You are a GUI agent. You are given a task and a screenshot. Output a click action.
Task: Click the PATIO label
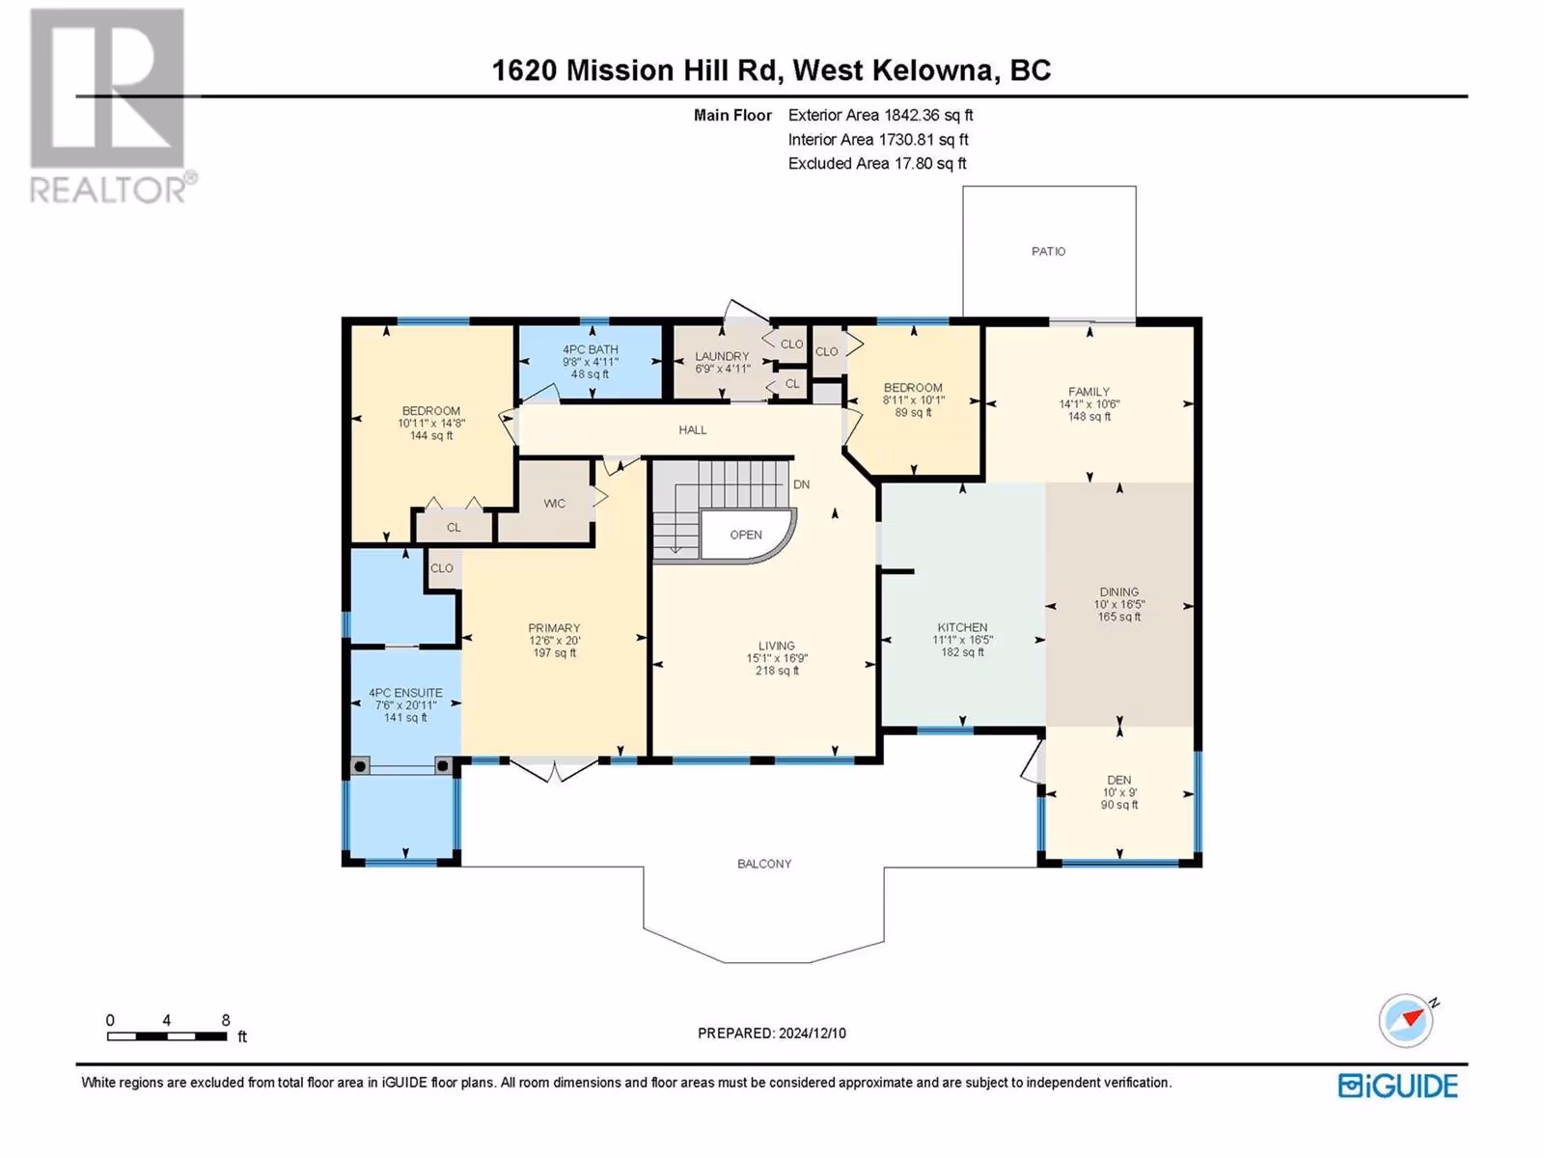[x=1048, y=251]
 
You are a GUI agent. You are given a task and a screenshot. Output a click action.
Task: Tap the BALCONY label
[x=764, y=864]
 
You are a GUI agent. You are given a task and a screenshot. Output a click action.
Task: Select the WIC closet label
[x=554, y=504]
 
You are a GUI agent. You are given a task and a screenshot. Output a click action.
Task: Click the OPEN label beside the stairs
[x=746, y=535]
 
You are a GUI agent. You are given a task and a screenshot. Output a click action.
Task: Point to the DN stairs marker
[x=801, y=484]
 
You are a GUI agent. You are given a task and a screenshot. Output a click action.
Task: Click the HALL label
[x=693, y=429]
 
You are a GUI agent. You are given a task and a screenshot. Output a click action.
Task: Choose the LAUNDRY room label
[x=722, y=356]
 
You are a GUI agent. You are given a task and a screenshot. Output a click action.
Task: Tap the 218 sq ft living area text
[x=777, y=671]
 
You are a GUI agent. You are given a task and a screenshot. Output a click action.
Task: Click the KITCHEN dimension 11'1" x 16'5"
[x=962, y=640]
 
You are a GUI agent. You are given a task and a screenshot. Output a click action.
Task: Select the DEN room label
[x=1119, y=780]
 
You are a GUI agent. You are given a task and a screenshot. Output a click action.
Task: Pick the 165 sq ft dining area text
[x=1119, y=617]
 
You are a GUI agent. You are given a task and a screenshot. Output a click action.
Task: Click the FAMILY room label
[x=1089, y=392]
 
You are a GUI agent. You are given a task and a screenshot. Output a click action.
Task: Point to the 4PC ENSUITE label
[x=405, y=693]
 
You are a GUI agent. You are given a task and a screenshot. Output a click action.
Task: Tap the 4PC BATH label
[x=591, y=349]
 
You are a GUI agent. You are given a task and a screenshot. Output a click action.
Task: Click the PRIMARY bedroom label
[x=554, y=628]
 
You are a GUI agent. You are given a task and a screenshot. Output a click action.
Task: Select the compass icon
[x=1406, y=1021]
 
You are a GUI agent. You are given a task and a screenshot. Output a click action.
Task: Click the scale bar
[x=167, y=1036]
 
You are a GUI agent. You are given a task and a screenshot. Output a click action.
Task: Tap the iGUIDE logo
[x=1397, y=1087]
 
